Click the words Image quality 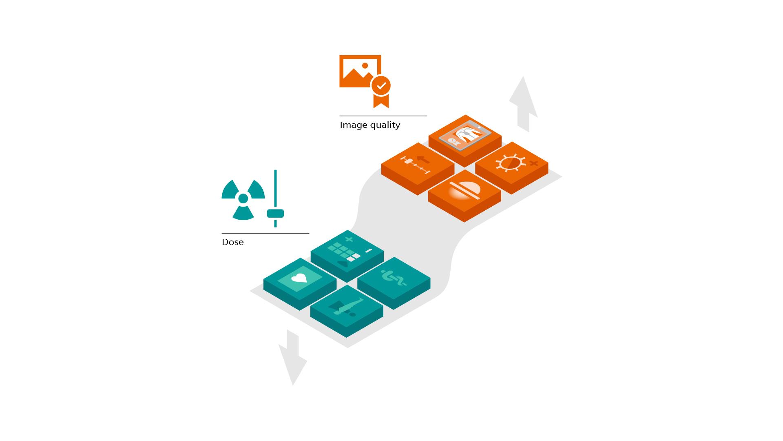coord(370,125)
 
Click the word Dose coord(232,242)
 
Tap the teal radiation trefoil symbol coord(243,199)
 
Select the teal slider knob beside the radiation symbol coord(275,214)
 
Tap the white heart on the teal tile coord(299,278)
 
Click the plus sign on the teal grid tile coord(349,239)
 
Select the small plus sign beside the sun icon coord(533,164)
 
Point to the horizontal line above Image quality coord(383,116)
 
